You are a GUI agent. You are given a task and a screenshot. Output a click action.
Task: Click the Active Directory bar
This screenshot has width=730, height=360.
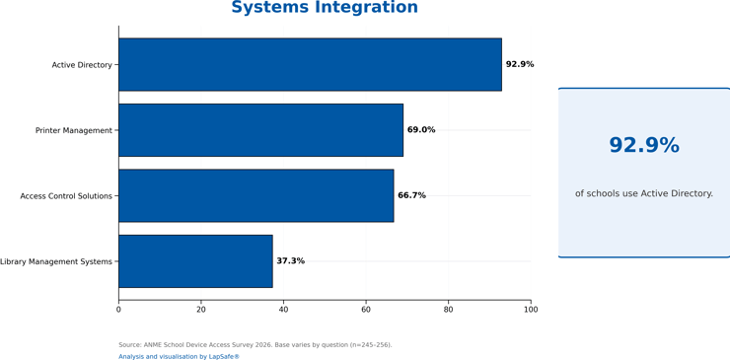[310, 64]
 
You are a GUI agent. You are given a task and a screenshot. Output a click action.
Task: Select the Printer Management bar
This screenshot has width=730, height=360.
[260, 130]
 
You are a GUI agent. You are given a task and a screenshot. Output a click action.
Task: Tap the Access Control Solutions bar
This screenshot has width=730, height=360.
[256, 195]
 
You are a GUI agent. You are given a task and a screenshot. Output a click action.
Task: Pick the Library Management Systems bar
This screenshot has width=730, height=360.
[195, 261]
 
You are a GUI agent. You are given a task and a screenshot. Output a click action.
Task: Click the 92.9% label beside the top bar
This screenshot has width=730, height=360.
[520, 64]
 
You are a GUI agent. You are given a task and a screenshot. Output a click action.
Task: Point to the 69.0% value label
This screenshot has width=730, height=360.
[421, 130]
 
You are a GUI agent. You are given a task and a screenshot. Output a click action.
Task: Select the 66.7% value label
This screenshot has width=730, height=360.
[411, 195]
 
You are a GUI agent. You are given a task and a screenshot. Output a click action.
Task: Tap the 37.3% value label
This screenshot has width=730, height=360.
[290, 261]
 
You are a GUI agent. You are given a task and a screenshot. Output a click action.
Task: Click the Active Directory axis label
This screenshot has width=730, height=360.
[82, 65]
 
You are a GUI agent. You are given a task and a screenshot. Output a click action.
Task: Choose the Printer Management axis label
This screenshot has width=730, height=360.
[74, 131]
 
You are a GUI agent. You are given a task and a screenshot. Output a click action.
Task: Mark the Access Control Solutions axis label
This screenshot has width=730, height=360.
[66, 196]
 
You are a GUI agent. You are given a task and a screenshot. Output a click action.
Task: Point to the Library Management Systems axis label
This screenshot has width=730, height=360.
[56, 261]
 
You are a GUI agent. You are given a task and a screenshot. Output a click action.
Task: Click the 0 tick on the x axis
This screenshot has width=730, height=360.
[118, 310]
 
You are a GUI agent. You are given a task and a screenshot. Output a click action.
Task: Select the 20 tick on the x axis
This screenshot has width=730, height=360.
[201, 310]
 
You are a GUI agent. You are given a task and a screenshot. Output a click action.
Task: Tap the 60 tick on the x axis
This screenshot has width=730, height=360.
[366, 310]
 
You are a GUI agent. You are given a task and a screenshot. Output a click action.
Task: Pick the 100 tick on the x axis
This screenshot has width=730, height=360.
[531, 310]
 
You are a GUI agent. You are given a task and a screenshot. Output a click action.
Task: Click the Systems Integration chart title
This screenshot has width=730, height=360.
[325, 8]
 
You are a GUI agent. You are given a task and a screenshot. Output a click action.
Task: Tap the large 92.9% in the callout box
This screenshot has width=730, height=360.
[644, 145]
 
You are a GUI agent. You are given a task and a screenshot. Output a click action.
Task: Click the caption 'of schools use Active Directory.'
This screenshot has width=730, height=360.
[644, 193]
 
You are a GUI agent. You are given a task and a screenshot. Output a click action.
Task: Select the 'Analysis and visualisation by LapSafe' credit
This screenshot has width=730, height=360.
[179, 356]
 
